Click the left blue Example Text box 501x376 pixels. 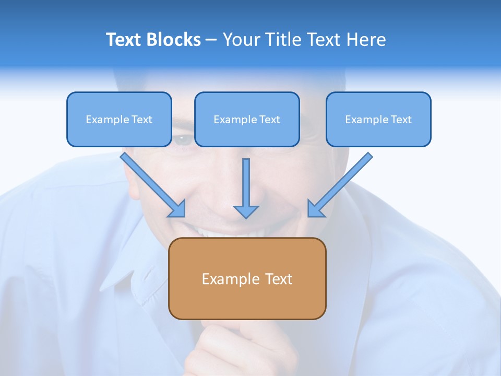click(119, 119)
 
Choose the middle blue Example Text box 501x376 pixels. click(247, 119)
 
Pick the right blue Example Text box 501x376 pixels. click(378, 119)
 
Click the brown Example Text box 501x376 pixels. click(247, 278)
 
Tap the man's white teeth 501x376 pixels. click(219, 232)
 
